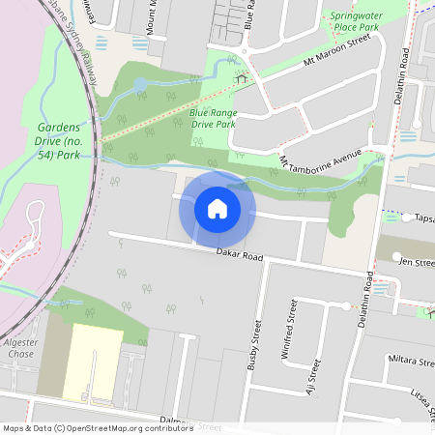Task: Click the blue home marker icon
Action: (x=217, y=209)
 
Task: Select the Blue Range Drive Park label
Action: (x=213, y=118)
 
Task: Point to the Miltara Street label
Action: (x=411, y=362)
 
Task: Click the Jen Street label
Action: (x=417, y=262)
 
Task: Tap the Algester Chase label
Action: (x=20, y=349)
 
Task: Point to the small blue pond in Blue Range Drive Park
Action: (x=141, y=85)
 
